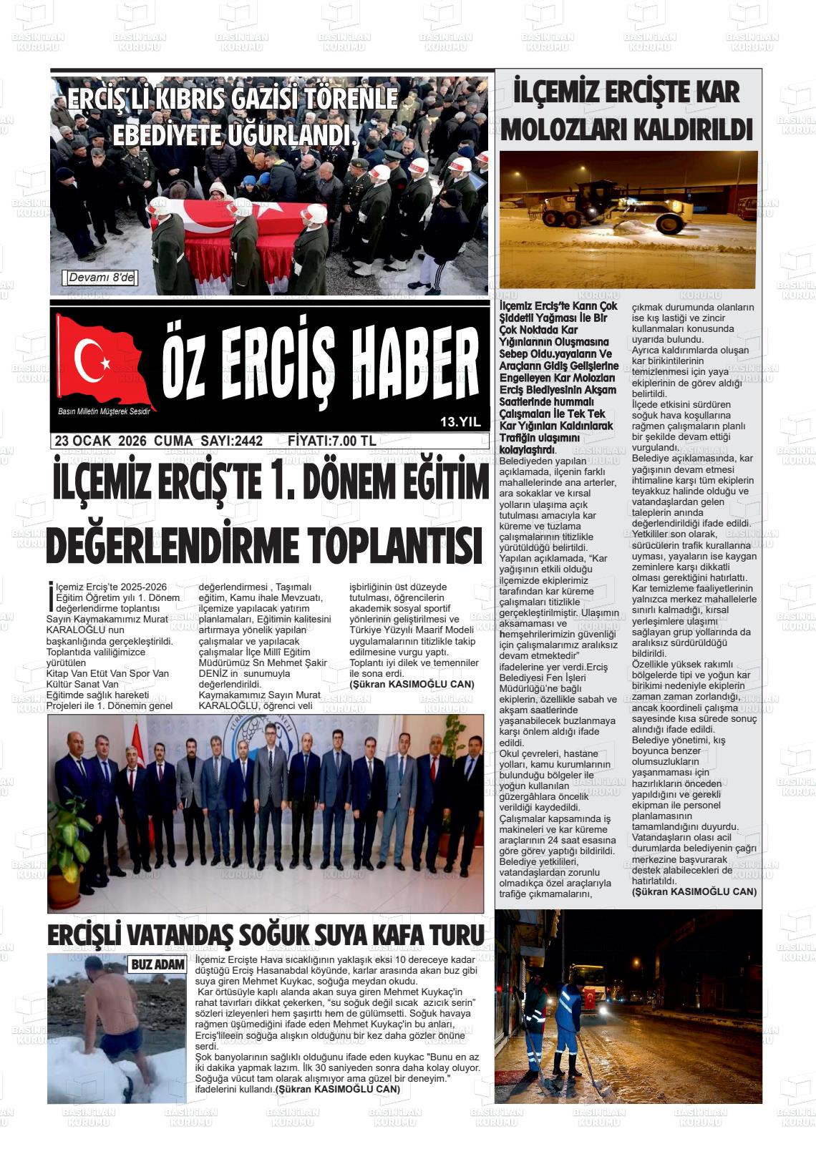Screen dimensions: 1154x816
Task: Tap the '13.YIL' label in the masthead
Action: coord(460,422)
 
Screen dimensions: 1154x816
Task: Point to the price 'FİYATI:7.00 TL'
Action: coord(331,441)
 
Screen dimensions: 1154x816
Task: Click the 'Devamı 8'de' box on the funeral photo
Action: coord(101,278)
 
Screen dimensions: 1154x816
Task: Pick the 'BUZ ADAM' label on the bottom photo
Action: coord(157,965)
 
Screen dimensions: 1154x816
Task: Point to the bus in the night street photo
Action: coord(593,984)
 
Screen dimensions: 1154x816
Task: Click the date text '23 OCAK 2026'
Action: coord(100,441)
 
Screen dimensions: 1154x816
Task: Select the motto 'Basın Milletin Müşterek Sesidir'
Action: coord(108,411)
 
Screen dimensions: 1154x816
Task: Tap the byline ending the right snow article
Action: coord(694,891)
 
